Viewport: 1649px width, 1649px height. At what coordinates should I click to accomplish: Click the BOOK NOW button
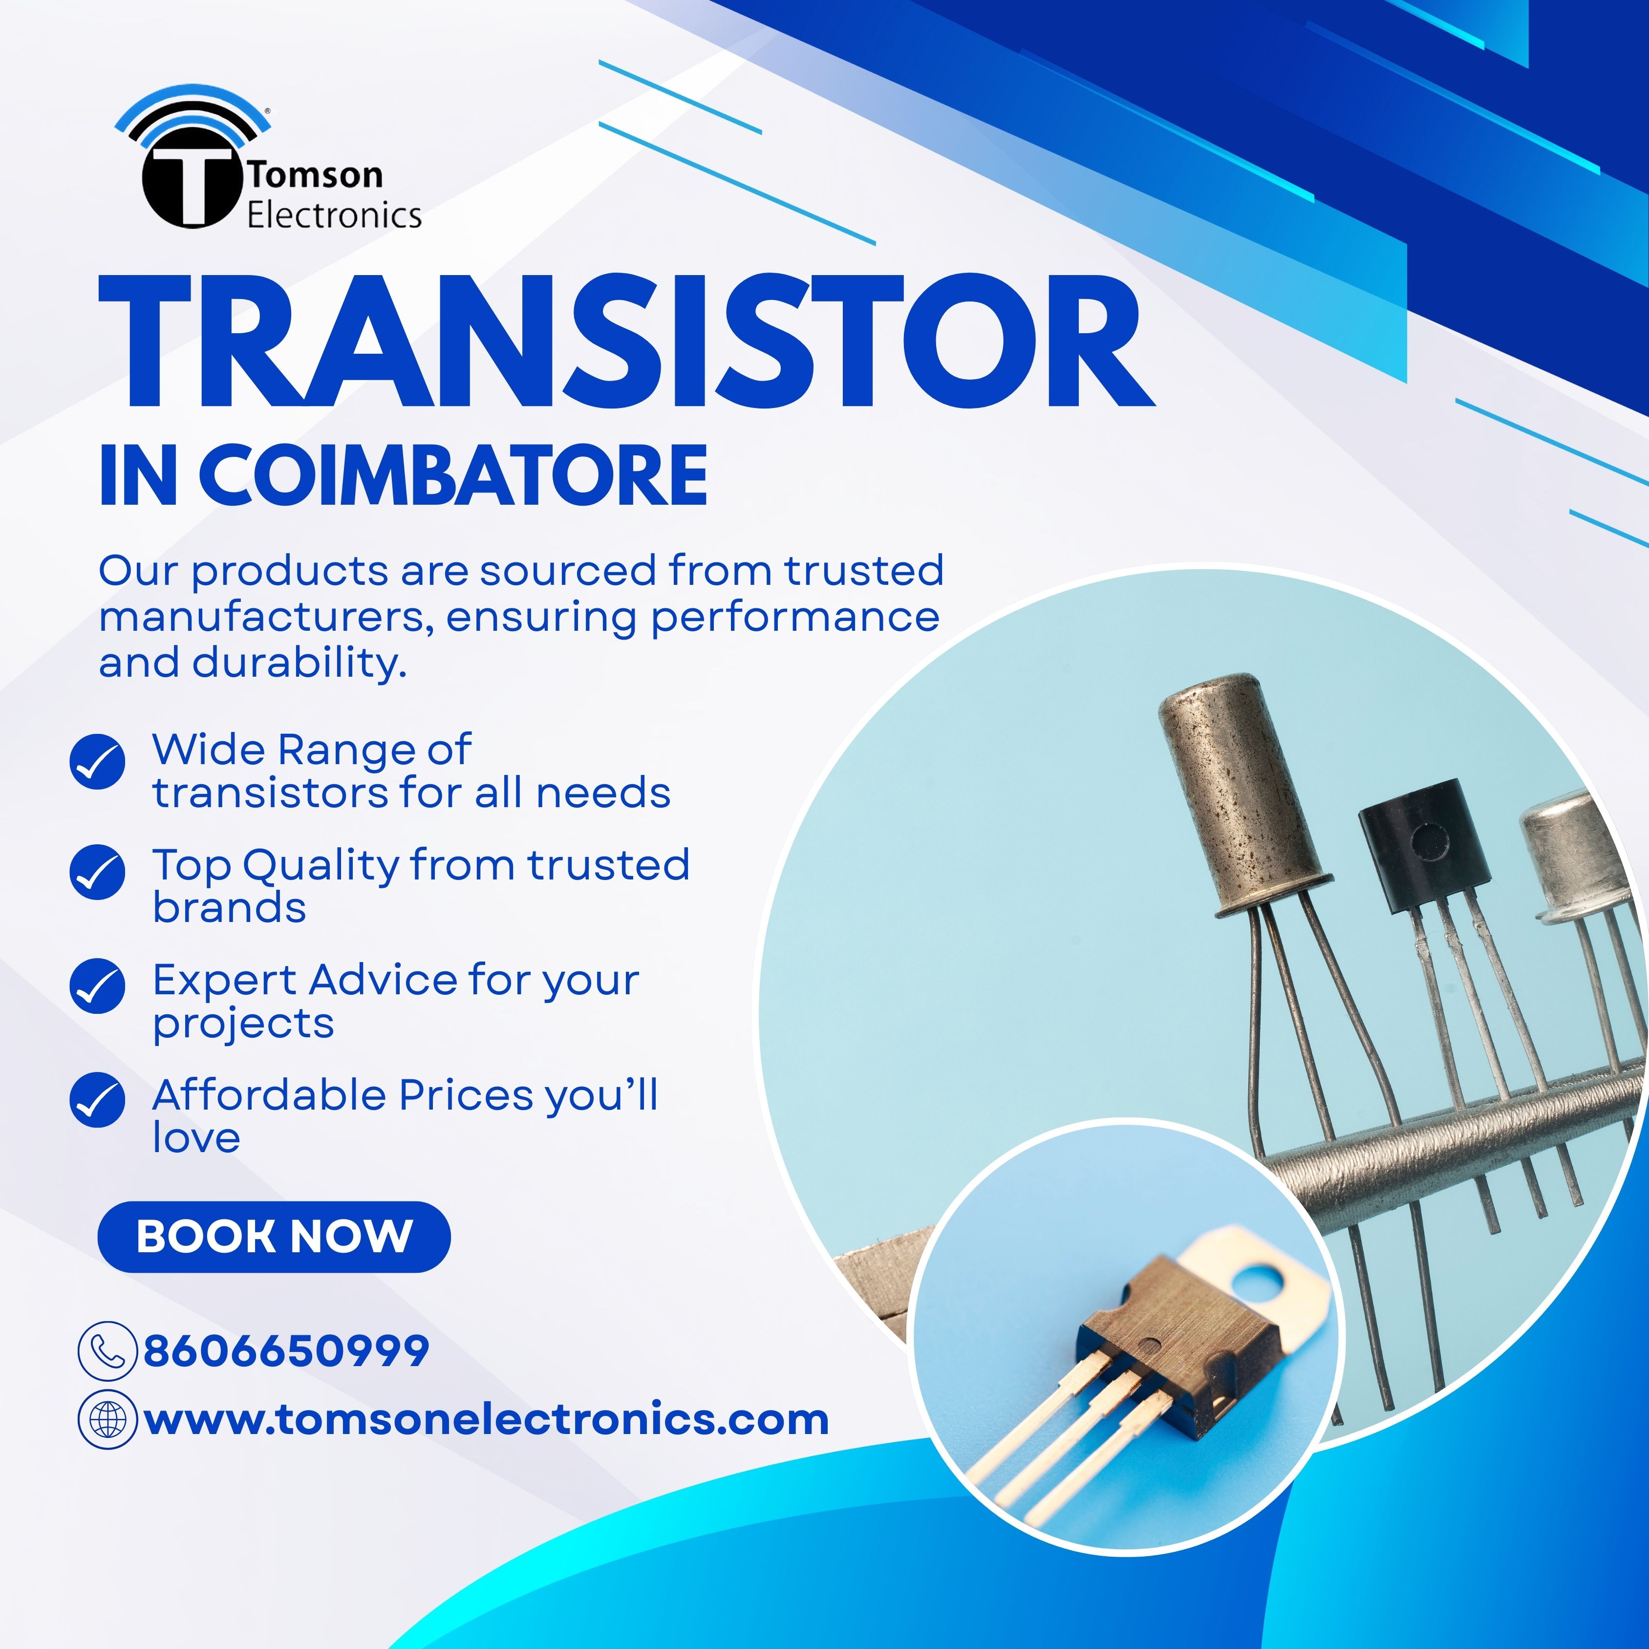coord(274,1237)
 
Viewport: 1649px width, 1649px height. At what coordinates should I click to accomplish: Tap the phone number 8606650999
coord(286,1351)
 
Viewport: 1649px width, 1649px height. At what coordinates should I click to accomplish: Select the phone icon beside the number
coord(107,1350)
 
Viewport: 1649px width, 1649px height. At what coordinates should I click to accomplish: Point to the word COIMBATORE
coord(453,475)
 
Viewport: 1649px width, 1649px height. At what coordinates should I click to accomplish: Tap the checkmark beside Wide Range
coord(97,761)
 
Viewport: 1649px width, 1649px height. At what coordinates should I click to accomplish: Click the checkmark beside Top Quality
coord(97,872)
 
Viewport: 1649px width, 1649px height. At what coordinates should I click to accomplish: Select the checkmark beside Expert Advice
coord(97,986)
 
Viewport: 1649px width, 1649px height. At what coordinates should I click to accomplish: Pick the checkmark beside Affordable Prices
coord(97,1100)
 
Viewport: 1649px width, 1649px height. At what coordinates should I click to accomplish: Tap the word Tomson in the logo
coord(316,175)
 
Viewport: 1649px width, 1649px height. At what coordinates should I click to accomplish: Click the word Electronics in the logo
coord(335,215)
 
